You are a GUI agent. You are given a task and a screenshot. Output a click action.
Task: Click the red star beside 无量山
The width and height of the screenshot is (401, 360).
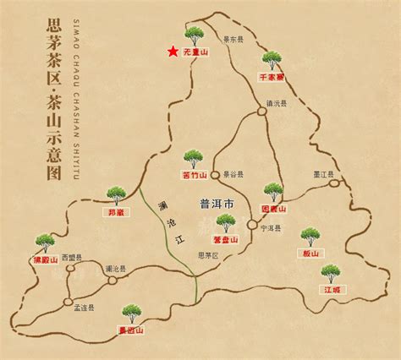173,52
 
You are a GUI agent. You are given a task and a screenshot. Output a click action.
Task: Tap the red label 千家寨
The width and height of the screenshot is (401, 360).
271,76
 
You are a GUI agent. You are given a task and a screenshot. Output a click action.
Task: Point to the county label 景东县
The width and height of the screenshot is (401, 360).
233,39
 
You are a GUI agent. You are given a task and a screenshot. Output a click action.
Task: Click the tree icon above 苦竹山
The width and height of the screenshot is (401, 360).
194,158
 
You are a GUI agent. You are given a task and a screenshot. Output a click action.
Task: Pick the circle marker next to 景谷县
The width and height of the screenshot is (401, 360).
215,174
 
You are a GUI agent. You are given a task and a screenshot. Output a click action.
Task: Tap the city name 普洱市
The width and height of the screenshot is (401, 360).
215,204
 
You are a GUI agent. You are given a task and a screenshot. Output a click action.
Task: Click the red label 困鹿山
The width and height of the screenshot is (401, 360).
273,209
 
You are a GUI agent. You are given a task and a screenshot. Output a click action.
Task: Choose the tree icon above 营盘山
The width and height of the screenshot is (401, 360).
225,223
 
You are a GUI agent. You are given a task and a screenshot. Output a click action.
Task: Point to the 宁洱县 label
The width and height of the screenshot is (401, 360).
269,226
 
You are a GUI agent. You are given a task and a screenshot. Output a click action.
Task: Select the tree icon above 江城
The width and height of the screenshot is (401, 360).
331,273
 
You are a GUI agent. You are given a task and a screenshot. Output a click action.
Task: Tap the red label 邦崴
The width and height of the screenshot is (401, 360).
116,212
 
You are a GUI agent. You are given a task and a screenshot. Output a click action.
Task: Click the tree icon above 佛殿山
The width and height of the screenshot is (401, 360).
45,243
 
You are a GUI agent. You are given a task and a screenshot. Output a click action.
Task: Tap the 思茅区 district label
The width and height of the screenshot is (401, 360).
207,254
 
